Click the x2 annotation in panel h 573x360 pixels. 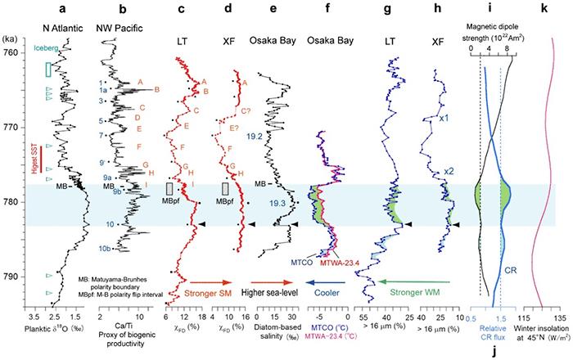tap(449, 171)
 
